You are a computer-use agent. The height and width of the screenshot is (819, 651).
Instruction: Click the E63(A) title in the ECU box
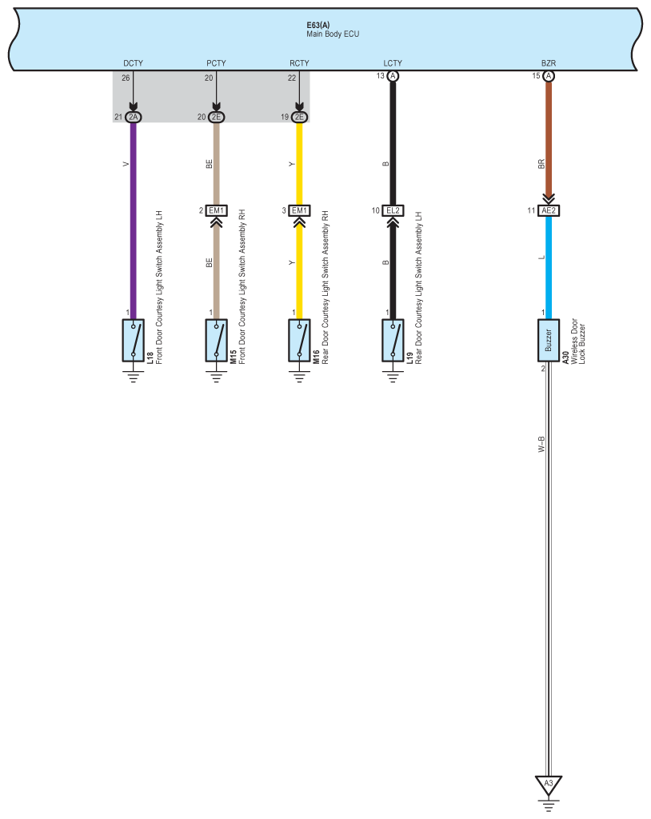(318, 25)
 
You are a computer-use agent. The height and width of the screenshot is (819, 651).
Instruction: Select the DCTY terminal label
(133, 62)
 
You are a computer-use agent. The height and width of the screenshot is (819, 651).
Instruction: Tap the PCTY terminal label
(216, 62)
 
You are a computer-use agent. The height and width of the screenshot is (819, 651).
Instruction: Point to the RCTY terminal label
(299, 62)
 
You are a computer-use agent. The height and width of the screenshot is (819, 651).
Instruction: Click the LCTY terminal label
(393, 62)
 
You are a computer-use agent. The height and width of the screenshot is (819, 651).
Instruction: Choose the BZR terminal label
(548, 62)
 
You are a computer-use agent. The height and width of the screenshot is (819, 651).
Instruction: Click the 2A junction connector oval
(133, 118)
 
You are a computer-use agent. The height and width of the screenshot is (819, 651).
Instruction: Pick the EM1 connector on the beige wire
(216, 210)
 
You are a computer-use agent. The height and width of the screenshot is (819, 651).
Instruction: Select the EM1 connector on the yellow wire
(299, 210)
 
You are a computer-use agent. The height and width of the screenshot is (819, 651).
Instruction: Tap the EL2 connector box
(393, 210)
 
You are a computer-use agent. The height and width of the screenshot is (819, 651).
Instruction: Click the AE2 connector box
(549, 210)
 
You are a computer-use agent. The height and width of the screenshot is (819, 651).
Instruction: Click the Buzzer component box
(549, 340)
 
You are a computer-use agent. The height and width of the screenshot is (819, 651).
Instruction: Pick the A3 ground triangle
(549, 784)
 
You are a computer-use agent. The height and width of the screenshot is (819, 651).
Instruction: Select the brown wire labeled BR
(549, 144)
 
